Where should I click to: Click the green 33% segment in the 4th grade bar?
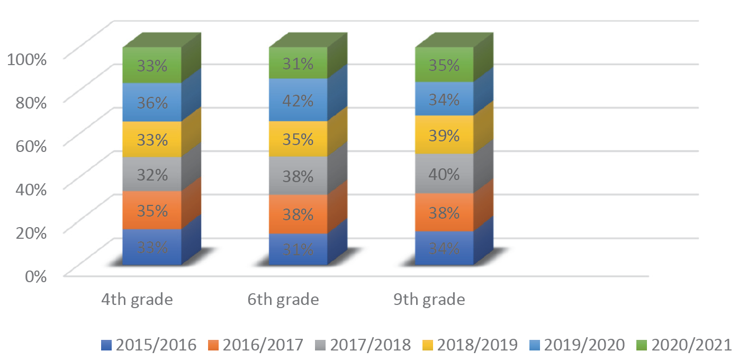click(152, 66)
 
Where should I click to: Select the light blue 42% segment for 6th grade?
click(299, 100)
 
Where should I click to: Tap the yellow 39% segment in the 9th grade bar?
click(444, 136)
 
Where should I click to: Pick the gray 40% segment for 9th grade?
click(444, 174)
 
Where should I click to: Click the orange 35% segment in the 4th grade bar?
click(152, 210)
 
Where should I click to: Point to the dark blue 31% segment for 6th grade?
click(299, 249)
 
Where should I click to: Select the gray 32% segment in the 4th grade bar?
click(152, 174)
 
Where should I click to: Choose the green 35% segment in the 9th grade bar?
click(444, 65)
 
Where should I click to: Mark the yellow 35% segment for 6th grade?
click(299, 139)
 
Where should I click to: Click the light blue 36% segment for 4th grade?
click(152, 102)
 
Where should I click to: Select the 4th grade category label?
click(137, 300)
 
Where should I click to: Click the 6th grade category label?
click(283, 300)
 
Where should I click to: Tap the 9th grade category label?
click(429, 300)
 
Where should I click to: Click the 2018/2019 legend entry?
click(470, 345)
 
